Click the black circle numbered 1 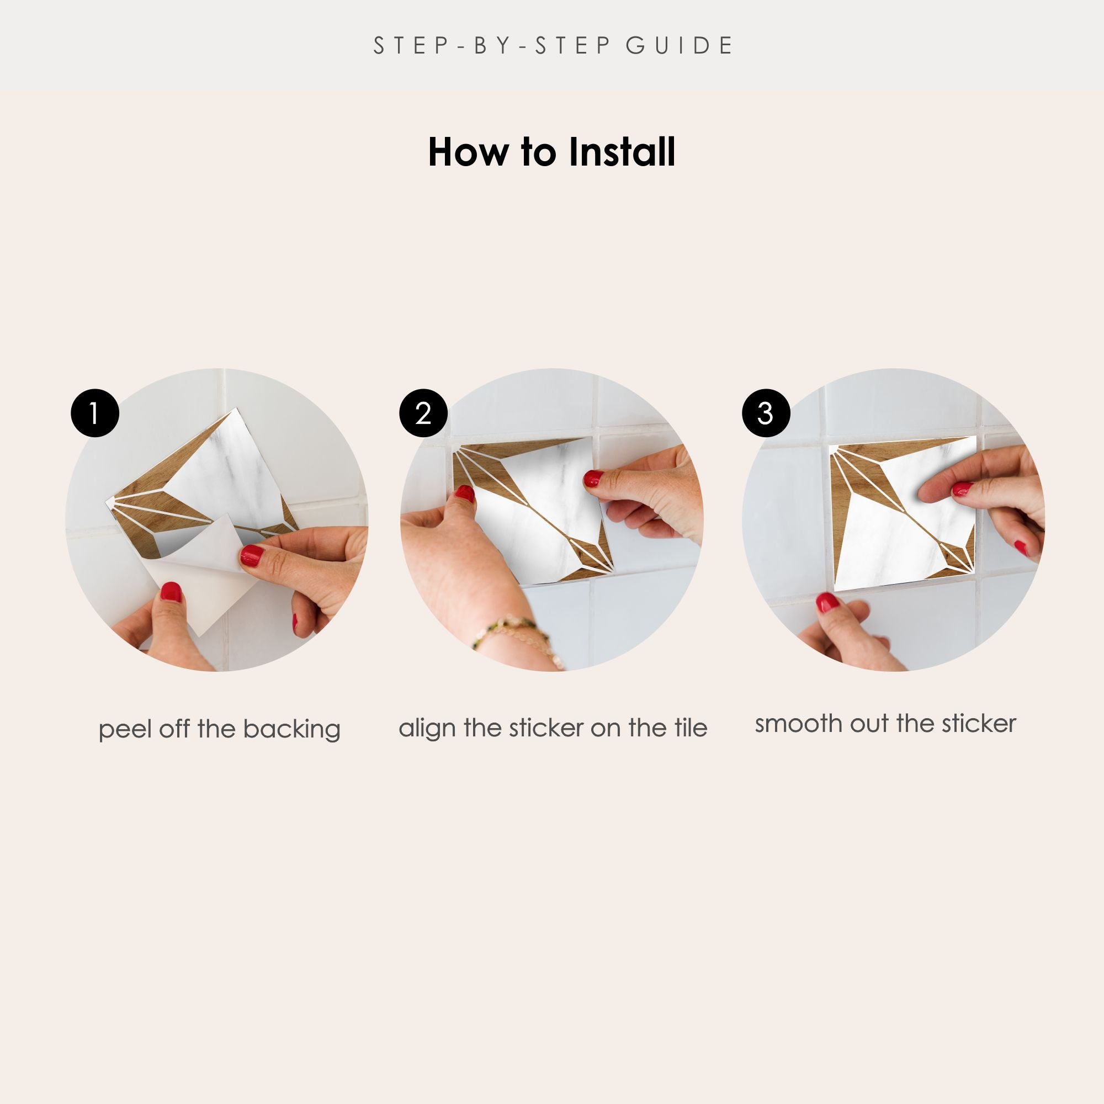click(95, 413)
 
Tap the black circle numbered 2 click(423, 413)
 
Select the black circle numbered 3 click(766, 413)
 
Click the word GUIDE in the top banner click(680, 46)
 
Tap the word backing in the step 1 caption click(291, 730)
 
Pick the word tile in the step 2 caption click(691, 728)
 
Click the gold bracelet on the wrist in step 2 click(517, 636)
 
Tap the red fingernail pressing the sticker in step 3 click(962, 489)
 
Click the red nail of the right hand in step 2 click(592, 478)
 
